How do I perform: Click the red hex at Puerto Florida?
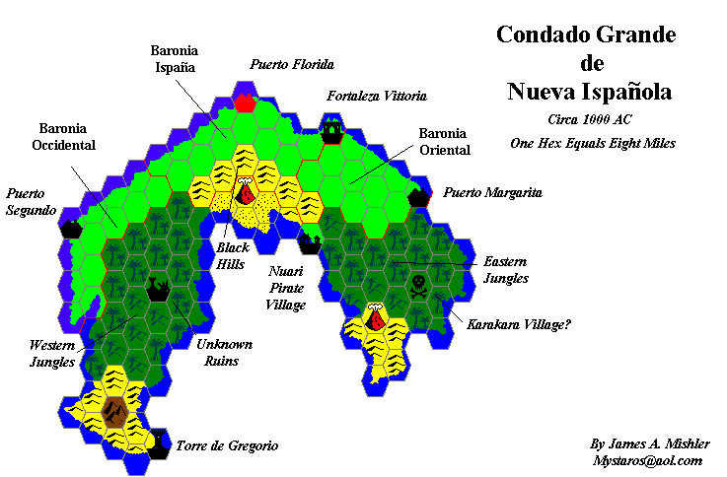[x=245, y=101]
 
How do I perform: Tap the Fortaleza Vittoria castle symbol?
[x=332, y=129]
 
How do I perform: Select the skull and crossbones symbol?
[x=418, y=287]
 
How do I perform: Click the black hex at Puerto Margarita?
[x=419, y=195]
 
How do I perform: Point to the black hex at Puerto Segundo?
[x=71, y=229]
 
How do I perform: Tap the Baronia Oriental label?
[x=444, y=141]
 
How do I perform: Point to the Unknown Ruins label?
[x=225, y=353]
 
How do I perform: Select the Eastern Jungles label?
[x=506, y=270]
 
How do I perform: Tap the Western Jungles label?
[x=51, y=354]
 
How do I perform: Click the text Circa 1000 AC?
[x=589, y=119]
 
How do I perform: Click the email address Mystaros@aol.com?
[x=647, y=460]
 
